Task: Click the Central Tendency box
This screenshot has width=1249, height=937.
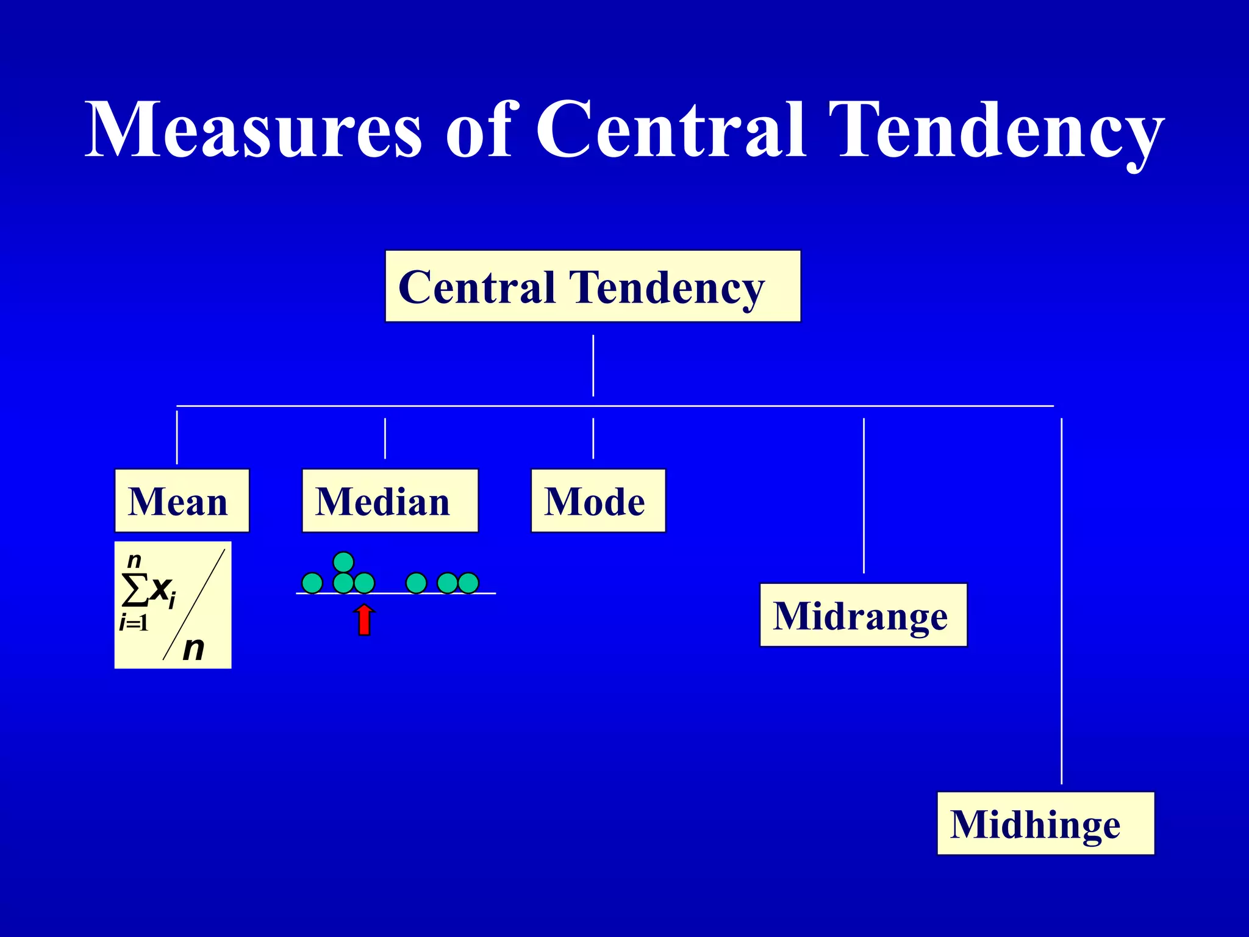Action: pyautogui.click(x=592, y=286)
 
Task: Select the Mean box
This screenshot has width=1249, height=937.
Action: pyautogui.click(x=182, y=501)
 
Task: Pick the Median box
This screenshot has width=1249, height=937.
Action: pyautogui.click(x=390, y=501)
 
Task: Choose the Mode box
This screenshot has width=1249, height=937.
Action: pyautogui.click(x=598, y=501)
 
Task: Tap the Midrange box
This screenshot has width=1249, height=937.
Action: pyautogui.click(x=863, y=615)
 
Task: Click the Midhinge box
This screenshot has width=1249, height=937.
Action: pyautogui.click(x=1045, y=824)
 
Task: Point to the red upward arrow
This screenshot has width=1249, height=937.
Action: pyautogui.click(x=364, y=620)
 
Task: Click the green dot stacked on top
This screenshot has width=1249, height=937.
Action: pyautogui.click(x=343, y=562)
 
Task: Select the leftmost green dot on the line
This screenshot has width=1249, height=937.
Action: pyautogui.click(x=312, y=583)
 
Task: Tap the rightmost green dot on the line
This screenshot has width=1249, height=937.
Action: pyautogui.click(x=468, y=583)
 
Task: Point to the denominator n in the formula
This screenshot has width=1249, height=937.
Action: pyautogui.click(x=193, y=648)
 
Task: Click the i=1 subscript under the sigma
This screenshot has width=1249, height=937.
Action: pyautogui.click(x=134, y=623)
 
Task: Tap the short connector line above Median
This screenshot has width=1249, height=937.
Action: pyautogui.click(x=385, y=438)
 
